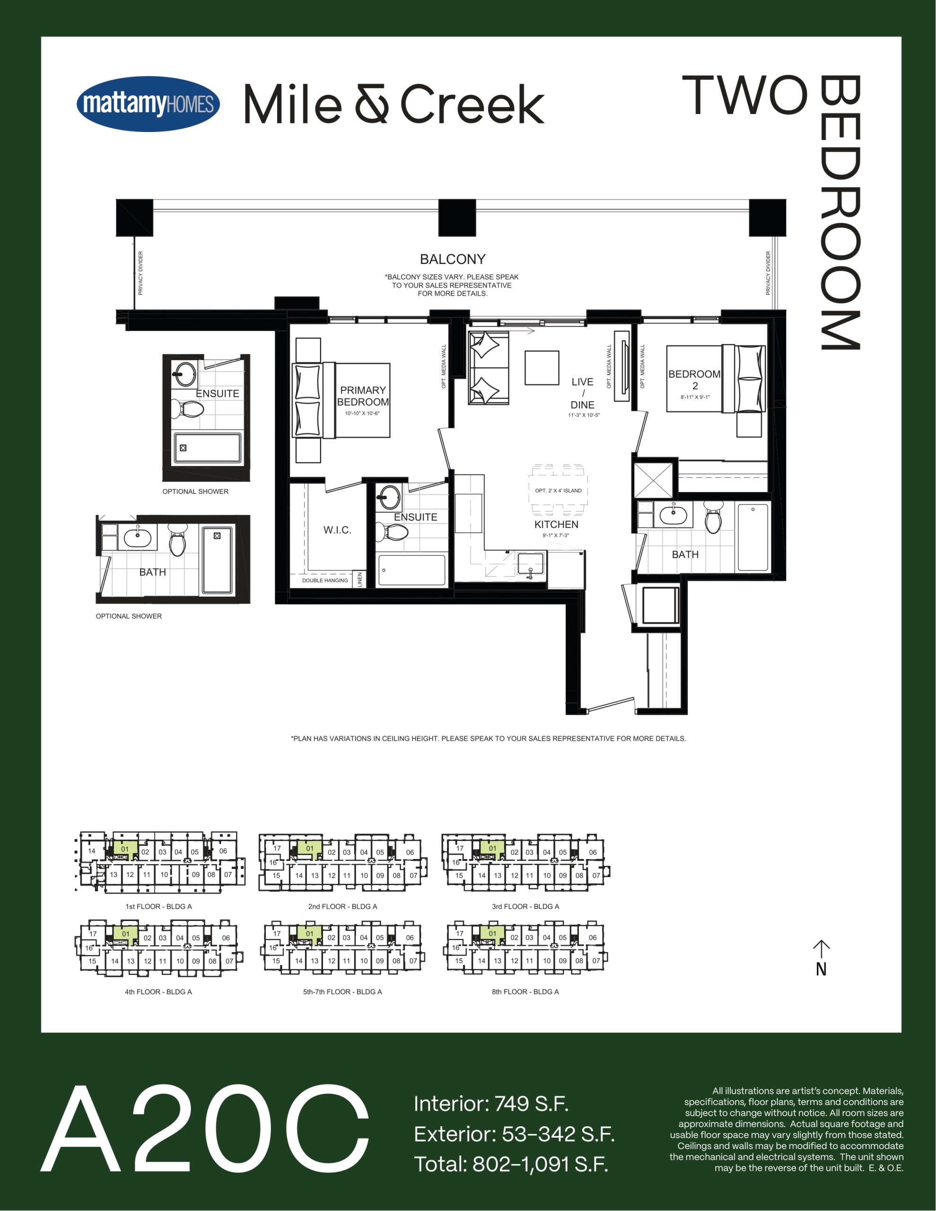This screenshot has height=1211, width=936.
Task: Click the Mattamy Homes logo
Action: click(148, 104)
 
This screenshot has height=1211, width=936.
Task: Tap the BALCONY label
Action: click(453, 259)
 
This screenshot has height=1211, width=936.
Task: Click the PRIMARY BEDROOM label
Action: click(363, 396)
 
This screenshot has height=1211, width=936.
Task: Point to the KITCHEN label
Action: click(556, 525)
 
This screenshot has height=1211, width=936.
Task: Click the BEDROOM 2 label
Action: click(694, 380)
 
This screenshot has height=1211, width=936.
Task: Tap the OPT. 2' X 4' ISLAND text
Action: click(559, 491)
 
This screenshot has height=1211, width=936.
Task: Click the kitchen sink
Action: click(531, 564)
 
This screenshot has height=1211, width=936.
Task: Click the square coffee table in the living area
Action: click(542, 368)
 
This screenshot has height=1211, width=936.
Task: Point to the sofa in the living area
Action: click(489, 368)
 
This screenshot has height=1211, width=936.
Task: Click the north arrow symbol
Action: click(821, 957)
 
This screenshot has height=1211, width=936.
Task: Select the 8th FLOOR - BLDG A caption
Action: click(525, 992)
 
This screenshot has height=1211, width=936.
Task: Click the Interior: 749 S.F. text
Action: click(491, 1104)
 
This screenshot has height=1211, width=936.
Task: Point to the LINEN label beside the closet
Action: click(359, 579)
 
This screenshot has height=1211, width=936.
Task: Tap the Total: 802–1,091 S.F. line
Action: click(511, 1164)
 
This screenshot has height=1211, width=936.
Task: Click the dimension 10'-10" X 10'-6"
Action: click(362, 413)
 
